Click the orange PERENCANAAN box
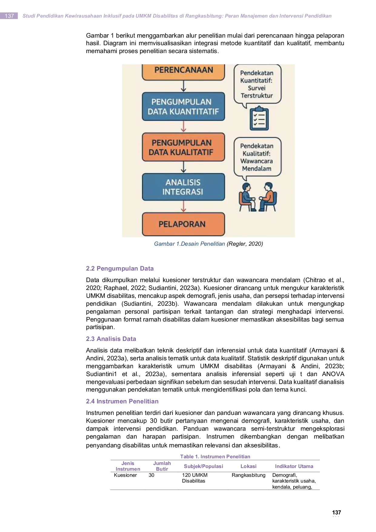click(183, 72)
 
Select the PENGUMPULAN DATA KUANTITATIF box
click(183, 106)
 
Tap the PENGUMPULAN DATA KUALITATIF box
click(183, 147)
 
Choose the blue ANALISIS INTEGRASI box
click(183, 187)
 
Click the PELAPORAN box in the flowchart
click(183, 224)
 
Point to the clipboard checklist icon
click(259, 118)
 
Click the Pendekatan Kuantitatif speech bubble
click(257, 85)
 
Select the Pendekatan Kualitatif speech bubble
click(257, 158)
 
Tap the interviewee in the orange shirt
click(267, 197)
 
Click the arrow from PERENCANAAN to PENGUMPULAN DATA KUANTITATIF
click(183, 86)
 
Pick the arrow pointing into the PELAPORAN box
click(183, 207)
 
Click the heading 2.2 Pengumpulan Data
click(120, 268)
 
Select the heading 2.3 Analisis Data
click(111, 339)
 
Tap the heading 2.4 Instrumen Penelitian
click(122, 401)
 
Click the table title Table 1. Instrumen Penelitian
click(215, 456)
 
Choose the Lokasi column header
click(248, 466)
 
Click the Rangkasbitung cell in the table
click(248, 475)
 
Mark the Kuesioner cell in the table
click(125, 475)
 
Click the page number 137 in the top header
click(9, 16)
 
